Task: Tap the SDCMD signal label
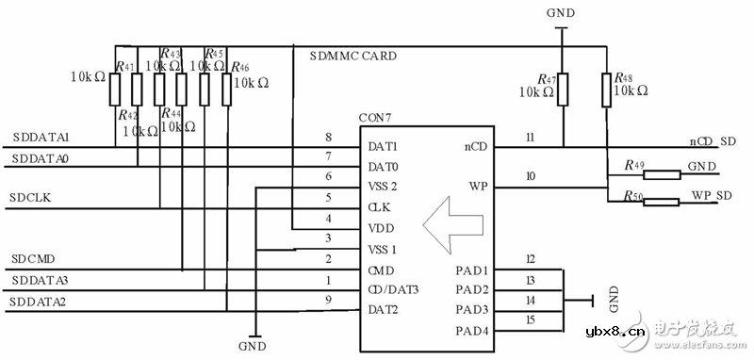[33, 258]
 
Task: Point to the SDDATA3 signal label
[41, 281]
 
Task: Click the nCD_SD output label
[713, 140]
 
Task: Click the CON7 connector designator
[377, 118]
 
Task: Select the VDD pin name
[382, 229]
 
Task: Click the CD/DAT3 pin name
[394, 289]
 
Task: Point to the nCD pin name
[476, 146]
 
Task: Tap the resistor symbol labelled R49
[664, 173]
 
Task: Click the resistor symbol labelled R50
[664, 201]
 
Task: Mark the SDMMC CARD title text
[353, 56]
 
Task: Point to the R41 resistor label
[124, 66]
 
